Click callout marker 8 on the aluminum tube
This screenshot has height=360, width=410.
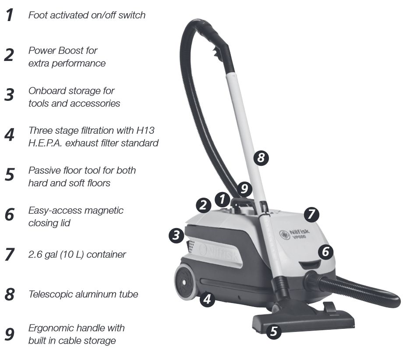261,158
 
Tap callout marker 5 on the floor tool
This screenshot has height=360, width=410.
274,331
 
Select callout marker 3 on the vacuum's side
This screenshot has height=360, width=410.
176,235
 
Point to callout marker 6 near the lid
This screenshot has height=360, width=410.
325,252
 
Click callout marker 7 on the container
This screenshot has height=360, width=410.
311,214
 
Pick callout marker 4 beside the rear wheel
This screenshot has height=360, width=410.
207,299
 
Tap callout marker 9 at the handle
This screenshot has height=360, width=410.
244,189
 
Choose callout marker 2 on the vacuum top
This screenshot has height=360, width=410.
203,205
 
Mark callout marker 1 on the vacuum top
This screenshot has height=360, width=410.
222,200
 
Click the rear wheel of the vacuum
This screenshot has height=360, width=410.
185,282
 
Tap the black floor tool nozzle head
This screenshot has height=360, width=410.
303,321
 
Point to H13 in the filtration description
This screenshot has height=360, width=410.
145,130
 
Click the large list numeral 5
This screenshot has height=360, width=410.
10,175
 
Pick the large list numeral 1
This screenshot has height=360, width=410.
10,15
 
